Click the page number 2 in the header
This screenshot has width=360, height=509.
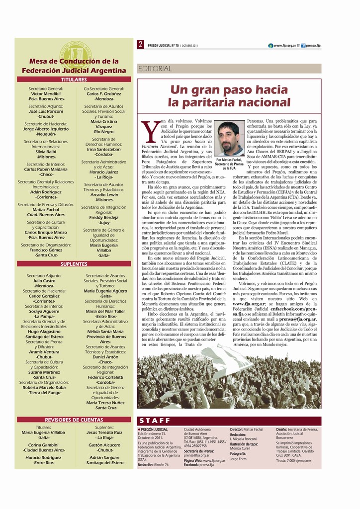141,45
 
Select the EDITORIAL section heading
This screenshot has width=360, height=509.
155,69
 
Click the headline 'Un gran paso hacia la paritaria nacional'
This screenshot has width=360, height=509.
229,96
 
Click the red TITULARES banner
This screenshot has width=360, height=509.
74,80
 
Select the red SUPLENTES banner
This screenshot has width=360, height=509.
74,264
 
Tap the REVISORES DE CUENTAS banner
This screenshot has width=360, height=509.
74,420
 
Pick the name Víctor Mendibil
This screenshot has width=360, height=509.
46,93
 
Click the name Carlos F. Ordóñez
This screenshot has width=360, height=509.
103,93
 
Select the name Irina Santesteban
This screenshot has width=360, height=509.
103,149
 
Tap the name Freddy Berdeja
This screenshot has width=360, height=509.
103,217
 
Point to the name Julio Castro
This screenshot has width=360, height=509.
44,281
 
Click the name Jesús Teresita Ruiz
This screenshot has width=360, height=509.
104,432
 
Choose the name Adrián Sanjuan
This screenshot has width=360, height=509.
104,457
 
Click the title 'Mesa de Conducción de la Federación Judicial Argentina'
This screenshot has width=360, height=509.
74,66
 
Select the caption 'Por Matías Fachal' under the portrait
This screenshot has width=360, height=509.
229,160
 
